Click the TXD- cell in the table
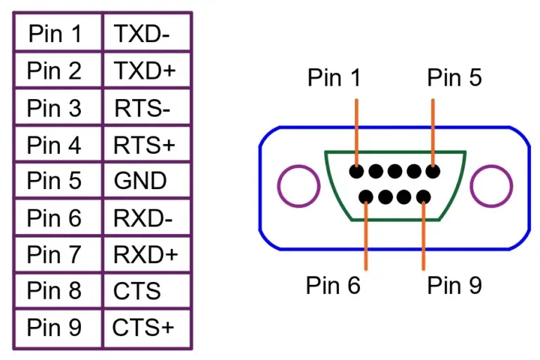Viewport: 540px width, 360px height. coord(146,33)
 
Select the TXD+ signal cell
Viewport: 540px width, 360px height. coord(146,70)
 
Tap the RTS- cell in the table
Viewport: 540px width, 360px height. coord(146,108)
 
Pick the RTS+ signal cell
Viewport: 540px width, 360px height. coord(146,145)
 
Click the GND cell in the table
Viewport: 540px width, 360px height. coord(146,181)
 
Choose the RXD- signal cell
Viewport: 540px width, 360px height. coord(146,218)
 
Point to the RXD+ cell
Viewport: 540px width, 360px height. coord(146,255)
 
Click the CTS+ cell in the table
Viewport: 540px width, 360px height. coord(146,328)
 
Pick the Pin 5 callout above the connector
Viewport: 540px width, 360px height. coord(454,77)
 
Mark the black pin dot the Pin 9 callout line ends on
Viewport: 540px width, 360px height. coord(423,198)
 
